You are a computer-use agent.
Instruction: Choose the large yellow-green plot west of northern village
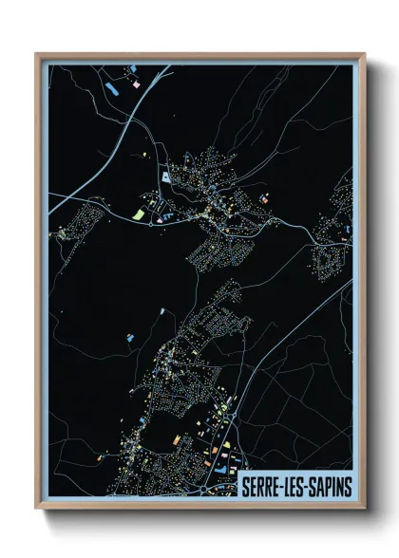(138, 215)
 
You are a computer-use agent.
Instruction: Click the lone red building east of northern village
(266, 197)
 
